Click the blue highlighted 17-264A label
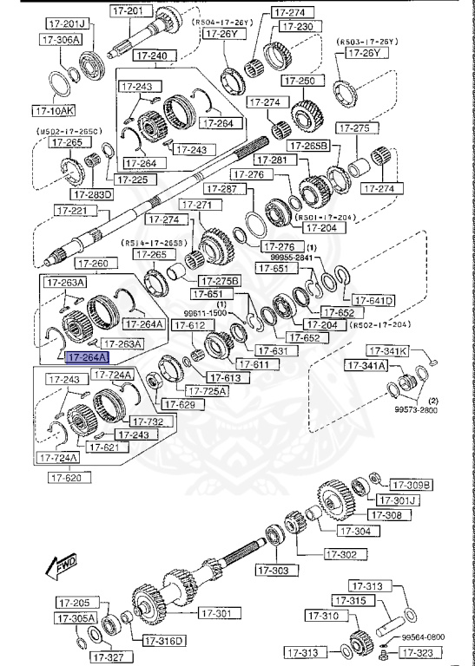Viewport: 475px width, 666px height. coord(89,356)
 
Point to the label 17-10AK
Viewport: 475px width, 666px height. coord(54,111)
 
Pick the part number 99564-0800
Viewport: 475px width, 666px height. coord(422,637)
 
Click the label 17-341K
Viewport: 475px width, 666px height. coord(387,351)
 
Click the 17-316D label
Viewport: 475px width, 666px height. coord(164,641)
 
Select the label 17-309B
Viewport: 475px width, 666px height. coord(411,484)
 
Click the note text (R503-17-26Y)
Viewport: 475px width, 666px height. coord(366,41)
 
